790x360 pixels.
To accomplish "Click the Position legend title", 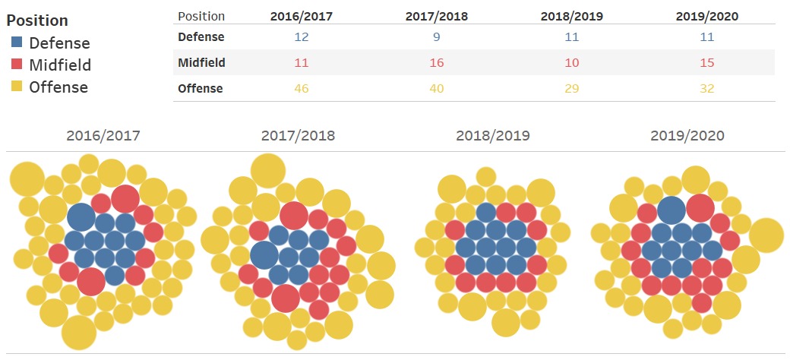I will click(38, 21).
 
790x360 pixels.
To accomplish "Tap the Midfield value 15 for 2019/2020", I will click(706, 62).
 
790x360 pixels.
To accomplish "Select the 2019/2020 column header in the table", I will click(706, 16).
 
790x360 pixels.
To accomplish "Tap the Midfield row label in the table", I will click(201, 62).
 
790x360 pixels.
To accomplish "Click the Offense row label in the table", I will click(200, 89).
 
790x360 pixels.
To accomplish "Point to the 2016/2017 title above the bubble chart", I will click(103, 137).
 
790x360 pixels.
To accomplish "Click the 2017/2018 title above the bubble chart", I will click(298, 137).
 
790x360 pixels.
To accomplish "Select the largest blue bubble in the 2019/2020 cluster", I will click(671, 210).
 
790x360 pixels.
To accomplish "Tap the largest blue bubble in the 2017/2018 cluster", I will click(264, 254).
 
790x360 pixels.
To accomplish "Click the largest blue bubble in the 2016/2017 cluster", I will click(81, 218).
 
